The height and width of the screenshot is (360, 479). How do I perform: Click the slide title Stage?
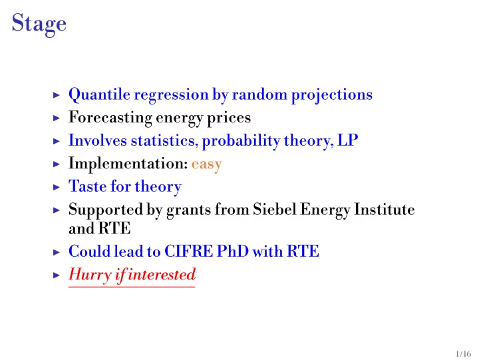[39, 24]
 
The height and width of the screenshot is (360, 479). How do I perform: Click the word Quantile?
[99, 94]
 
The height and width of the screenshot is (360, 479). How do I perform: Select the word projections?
[332, 95]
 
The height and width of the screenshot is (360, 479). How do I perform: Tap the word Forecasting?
[110, 118]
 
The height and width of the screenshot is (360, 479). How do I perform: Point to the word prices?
[229, 118]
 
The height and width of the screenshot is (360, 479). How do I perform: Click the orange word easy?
[206, 165]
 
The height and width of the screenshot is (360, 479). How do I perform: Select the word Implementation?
[128, 164]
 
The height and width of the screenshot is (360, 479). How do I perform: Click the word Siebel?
[275, 210]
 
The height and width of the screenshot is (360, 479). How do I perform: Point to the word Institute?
[385, 210]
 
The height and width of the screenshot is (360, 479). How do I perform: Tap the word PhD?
[232, 252]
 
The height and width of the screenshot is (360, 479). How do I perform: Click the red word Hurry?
[90, 275]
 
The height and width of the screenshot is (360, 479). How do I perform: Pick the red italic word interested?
[162, 274]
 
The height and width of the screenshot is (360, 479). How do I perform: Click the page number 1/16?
[463, 354]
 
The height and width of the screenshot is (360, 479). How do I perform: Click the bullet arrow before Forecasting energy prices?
[57, 118]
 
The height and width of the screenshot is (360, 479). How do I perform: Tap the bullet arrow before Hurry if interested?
[57, 275]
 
